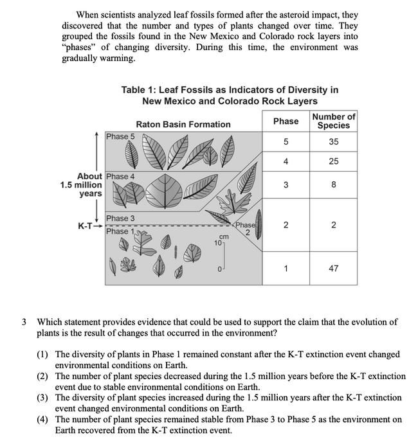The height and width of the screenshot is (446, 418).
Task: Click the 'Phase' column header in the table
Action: [x=286, y=121]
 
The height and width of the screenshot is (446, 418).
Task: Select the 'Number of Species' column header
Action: [x=333, y=121]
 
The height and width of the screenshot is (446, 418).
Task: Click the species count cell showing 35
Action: [x=333, y=142]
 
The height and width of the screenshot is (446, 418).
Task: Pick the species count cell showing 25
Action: [x=333, y=161]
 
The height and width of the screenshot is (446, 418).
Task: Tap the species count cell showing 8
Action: [x=333, y=186]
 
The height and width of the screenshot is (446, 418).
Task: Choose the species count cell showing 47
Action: [x=333, y=269]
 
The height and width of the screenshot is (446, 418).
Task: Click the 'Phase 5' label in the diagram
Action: [x=120, y=136]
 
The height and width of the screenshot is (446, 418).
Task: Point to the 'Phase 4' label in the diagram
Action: [x=120, y=176]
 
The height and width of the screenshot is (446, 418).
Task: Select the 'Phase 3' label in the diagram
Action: [x=120, y=219]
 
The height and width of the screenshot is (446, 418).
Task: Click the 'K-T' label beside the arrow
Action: [x=86, y=226]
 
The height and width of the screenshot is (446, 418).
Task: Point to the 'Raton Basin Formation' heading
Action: [x=183, y=124]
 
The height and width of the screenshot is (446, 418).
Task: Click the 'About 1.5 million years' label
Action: [x=81, y=185]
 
